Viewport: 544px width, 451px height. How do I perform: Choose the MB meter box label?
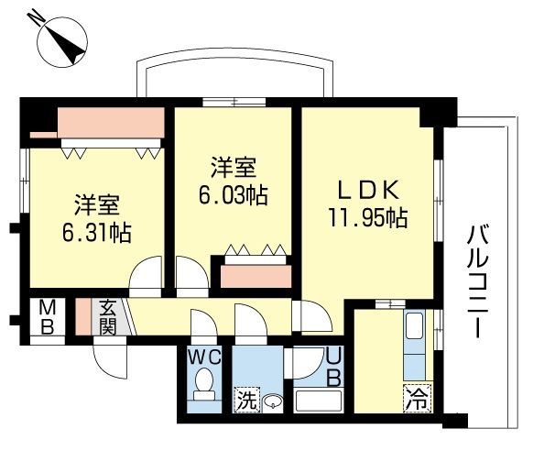point(44,318)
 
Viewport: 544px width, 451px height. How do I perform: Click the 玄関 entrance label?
point(107,316)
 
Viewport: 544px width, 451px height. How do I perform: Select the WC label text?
point(204,355)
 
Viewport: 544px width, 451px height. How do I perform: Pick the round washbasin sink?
point(271,401)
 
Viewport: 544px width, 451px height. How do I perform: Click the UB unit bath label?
point(333,366)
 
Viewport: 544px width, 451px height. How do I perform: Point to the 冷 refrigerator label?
point(416,400)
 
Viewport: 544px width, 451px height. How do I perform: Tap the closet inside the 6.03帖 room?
point(252,271)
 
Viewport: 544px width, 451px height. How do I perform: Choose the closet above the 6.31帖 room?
point(110,122)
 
